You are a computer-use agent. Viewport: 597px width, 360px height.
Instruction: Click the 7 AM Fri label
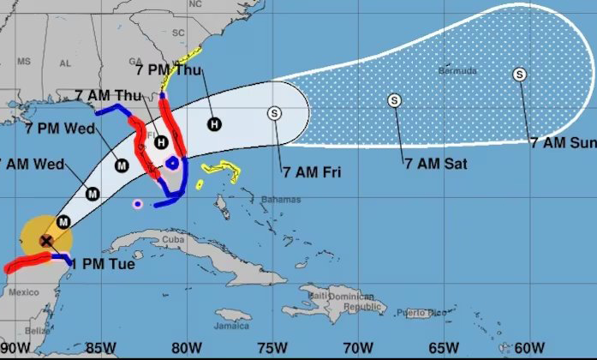click(x=312, y=172)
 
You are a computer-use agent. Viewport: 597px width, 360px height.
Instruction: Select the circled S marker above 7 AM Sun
click(x=520, y=75)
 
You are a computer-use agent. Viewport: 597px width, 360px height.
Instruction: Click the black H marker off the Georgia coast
click(x=213, y=124)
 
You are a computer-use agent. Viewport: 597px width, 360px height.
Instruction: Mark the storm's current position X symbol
click(x=45, y=241)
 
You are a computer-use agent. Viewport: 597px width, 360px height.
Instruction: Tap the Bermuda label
click(x=457, y=70)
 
